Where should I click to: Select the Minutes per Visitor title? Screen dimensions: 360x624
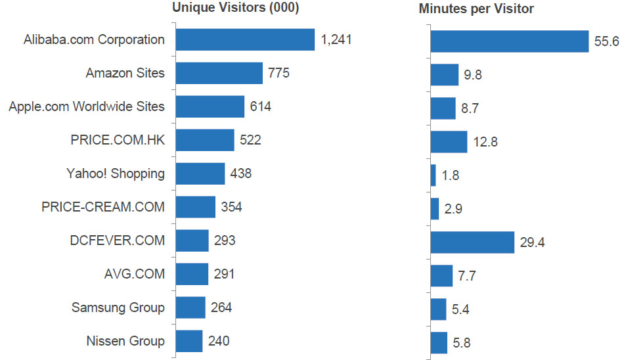[x=476, y=9]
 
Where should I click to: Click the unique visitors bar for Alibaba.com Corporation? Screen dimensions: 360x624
[x=246, y=39]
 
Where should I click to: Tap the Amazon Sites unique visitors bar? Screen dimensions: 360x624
[x=219, y=73]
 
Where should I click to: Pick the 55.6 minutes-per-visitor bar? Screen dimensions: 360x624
[x=509, y=41]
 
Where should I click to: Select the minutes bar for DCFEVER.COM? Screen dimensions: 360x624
[x=472, y=242]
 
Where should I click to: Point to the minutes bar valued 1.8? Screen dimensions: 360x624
[x=433, y=175]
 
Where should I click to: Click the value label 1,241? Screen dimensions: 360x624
[x=336, y=39]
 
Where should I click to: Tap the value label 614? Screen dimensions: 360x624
[x=260, y=106]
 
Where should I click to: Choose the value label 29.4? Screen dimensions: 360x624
[x=532, y=242]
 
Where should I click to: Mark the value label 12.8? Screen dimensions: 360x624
[x=485, y=141]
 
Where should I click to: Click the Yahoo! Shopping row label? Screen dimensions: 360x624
[x=116, y=173]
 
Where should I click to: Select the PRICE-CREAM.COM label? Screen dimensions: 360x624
[x=103, y=207]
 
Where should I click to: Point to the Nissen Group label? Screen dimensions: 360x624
[x=125, y=341]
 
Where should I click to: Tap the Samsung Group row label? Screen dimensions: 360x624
[x=118, y=307]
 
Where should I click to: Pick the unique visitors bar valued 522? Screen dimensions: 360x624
[x=205, y=140]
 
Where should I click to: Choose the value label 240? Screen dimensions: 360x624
[x=219, y=341]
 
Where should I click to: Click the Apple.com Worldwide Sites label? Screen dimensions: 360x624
[x=87, y=106]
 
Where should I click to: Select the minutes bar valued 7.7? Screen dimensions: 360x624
[x=441, y=275]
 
